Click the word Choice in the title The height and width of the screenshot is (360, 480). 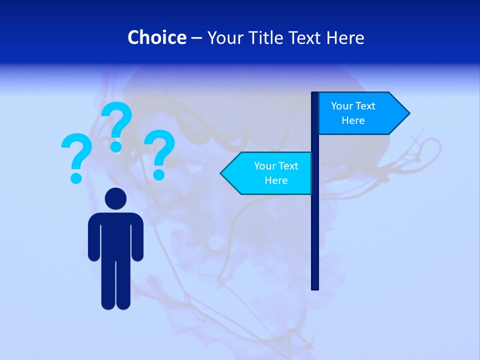coord(156,37)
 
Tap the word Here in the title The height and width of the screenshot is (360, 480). coord(345,37)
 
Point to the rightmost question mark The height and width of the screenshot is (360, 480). coord(159,153)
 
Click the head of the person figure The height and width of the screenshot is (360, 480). coord(115,198)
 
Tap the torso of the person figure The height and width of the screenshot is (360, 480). coord(115,235)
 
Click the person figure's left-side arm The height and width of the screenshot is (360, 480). coord(94,237)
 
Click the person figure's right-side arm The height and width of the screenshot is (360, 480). coord(137,237)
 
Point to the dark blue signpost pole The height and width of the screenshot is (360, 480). coord(315,225)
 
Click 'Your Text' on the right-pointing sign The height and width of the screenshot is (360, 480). coord(353,106)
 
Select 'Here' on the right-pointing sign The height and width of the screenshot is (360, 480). coord(353,120)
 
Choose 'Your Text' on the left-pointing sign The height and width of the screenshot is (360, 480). coord(276,166)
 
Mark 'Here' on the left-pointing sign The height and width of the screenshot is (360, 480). coord(276,180)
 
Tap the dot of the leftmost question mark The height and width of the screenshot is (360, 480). coord(76,177)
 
